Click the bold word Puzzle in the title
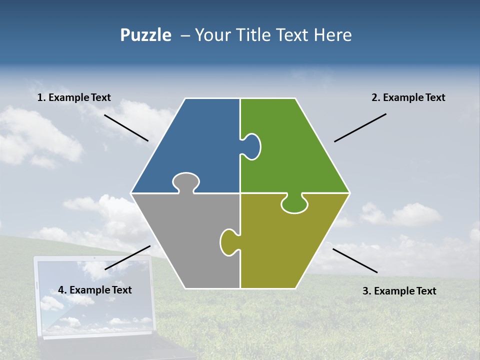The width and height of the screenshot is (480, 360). point(145,35)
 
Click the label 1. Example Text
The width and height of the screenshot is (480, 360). point(74,97)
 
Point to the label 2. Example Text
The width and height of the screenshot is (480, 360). point(408,97)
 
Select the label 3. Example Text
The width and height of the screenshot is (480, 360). point(399,291)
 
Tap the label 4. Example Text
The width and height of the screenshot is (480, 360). point(94,290)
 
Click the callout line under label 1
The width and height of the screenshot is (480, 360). point(126,127)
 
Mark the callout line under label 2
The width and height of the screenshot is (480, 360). point(360,127)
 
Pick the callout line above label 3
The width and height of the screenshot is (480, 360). point(355,260)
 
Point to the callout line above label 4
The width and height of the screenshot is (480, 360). point(127,257)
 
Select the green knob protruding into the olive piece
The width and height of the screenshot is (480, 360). point(294,204)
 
